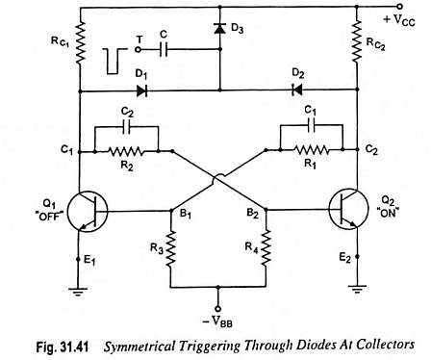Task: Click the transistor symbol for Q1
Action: tap(87, 212)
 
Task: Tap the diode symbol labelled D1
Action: tap(141, 91)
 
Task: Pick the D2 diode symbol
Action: tap(297, 90)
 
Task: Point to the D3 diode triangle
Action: tap(219, 29)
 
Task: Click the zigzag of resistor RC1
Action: tap(80, 42)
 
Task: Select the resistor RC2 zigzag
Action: tap(357, 40)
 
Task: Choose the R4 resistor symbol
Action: tap(266, 247)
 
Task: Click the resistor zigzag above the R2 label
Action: tap(125, 151)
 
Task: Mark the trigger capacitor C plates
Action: tap(164, 49)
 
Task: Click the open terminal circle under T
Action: tap(139, 49)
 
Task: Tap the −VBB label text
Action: tap(217, 321)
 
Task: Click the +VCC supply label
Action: tap(399, 20)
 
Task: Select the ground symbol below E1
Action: tap(78, 292)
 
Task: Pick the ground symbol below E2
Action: tap(357, 289)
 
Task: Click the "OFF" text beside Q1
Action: tap(51, 217)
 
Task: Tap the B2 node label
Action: tap(252, 213)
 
